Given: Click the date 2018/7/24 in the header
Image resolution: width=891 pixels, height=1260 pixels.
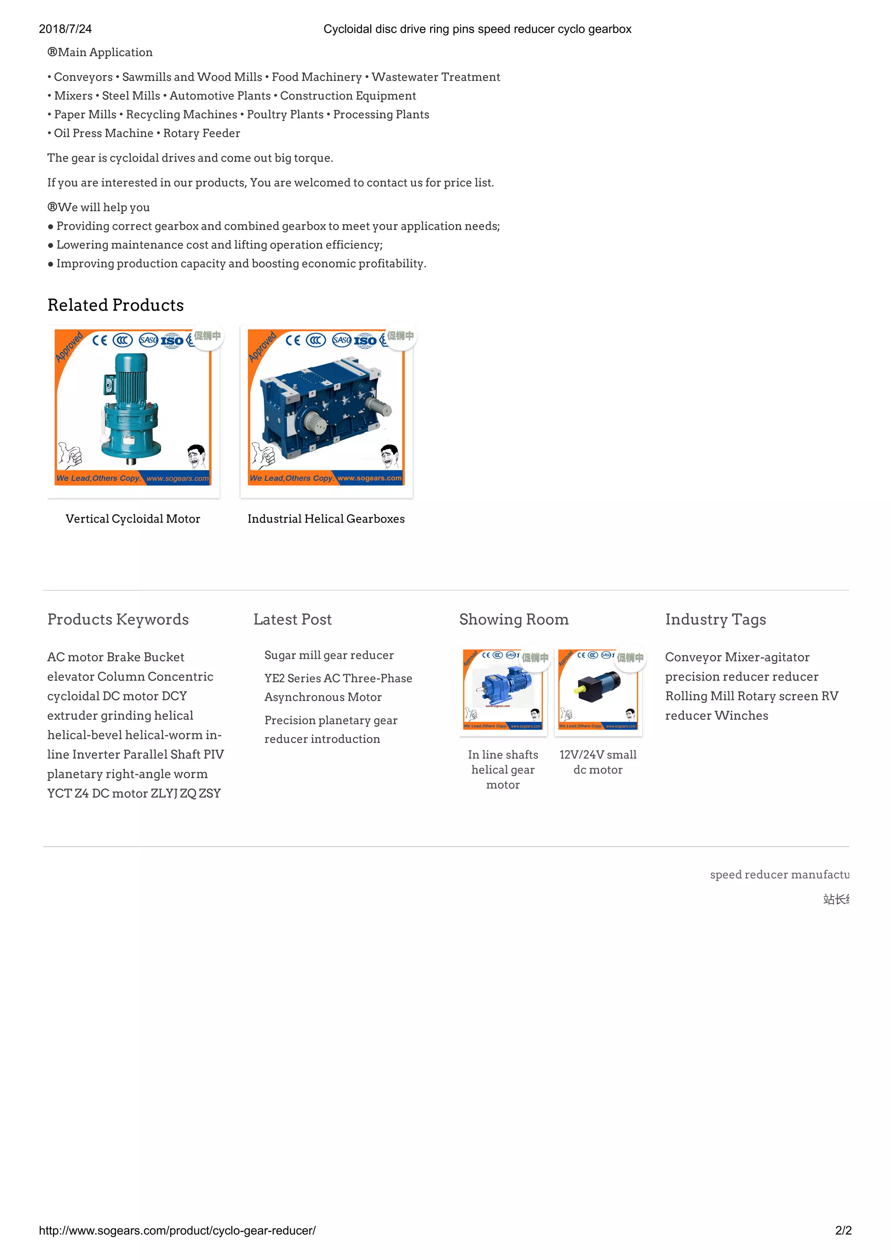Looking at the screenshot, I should [65, 29].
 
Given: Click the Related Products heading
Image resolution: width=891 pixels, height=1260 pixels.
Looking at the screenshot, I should [115, 305].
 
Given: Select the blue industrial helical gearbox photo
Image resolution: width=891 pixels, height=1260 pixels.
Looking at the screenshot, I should [326, 408].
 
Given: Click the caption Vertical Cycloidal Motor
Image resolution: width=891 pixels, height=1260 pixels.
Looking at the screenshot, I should [132, 519].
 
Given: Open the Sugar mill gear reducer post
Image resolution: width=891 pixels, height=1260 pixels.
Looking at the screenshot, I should [329, 655].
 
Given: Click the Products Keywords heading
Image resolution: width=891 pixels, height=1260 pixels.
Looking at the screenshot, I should [117, 619].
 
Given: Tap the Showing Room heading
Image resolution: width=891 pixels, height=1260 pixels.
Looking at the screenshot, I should [513, 619].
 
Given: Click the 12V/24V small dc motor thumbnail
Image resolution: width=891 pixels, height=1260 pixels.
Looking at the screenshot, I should [598, 690].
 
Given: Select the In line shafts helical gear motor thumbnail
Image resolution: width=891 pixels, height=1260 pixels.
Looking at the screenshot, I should [503, 690].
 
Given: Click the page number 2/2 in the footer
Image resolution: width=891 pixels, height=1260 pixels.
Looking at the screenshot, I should [843, 1230].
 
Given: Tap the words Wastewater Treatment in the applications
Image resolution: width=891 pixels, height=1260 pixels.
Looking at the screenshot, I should [435, 77].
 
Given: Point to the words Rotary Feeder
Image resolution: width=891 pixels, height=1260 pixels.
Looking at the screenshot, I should [201, 133].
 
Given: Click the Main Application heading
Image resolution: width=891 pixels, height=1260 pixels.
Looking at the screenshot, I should [100, 52].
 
